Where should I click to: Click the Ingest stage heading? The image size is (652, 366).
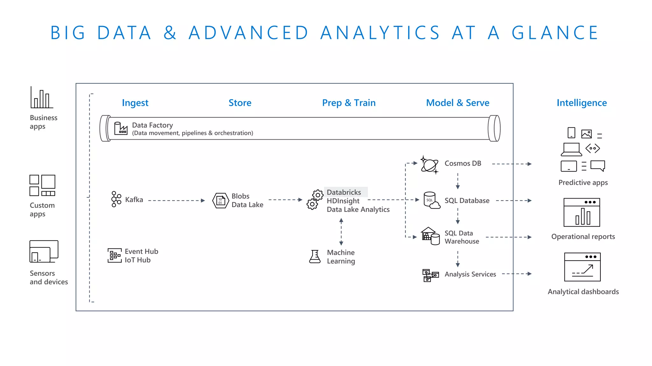(135, 103)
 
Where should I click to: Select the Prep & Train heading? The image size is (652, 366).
(349, 103)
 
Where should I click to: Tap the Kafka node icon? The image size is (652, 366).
(116, 199)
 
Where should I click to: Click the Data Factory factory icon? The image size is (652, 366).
(121, 128)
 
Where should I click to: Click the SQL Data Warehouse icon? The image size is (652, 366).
(430, 236)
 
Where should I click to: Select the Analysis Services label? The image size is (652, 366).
(470, 274)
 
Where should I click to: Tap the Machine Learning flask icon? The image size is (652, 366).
(315, 256)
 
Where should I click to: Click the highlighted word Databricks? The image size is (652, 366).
(344, 192)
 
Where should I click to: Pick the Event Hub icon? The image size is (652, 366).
(115, 255)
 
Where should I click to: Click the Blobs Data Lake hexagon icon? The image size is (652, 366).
(221, 200)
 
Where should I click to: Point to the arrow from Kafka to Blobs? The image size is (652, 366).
(177, 200)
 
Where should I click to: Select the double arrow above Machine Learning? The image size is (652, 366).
(341, 232)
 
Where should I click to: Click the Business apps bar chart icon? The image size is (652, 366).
(42, 98)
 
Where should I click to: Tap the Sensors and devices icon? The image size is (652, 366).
(44, 251)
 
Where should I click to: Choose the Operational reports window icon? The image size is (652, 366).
(582, 212)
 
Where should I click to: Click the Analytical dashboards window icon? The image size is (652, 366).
(582, 267)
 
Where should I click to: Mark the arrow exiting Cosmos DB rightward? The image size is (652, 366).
(512, 164)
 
